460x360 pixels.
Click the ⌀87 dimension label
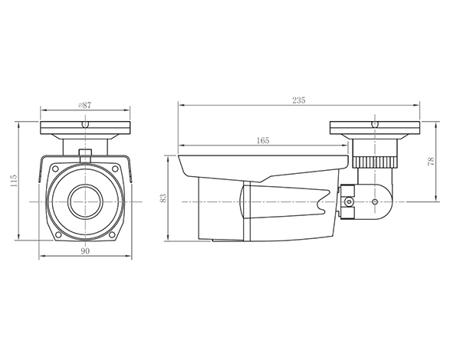[x=85, y=105]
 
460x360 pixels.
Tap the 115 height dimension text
[x=14, y=181]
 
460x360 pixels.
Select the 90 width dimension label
[x=85, y=251]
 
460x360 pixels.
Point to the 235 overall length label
[x=299, y=100]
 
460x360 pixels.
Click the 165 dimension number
[x=262, y=141]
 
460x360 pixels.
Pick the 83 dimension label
[x=163, y=198]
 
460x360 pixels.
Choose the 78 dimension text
[x=431, y=162]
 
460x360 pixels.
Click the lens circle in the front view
[x=85, y=201]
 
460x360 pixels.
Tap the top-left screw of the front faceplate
[x=55, y=169]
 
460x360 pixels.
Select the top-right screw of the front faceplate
[x=115, y=169]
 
